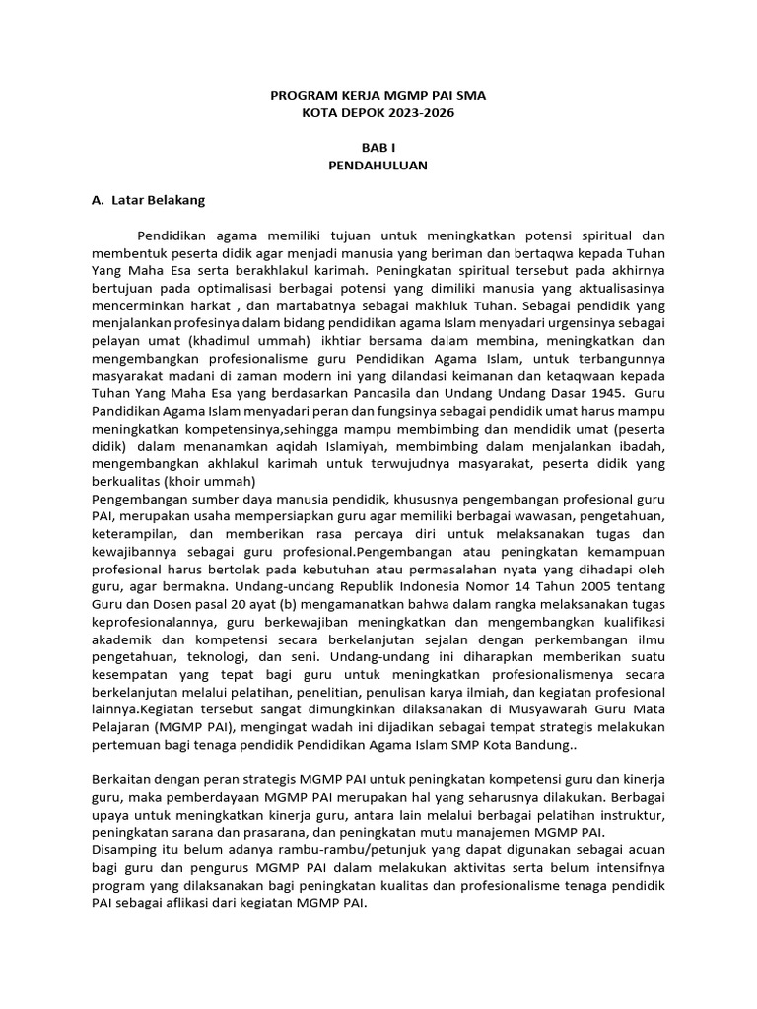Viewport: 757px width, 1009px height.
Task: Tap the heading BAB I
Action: coord(378,147)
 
